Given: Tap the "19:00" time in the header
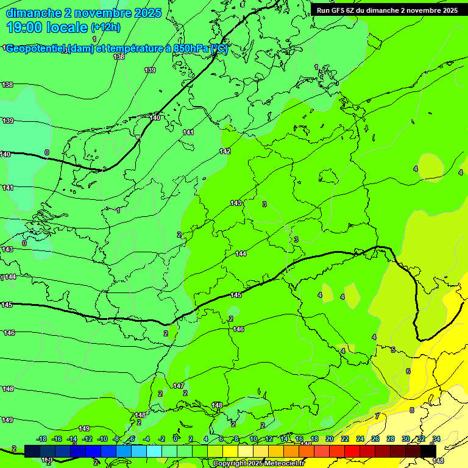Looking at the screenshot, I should tap(24, 27).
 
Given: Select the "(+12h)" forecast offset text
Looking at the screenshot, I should tap(105, 27).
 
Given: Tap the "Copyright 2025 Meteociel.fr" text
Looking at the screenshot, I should tap(258, 464).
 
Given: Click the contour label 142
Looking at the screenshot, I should tap(225, 151).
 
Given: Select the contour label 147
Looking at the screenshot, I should tap(179, 386).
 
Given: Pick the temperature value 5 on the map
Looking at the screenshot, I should tap(393, 350).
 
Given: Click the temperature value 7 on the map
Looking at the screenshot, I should tap(377, 416).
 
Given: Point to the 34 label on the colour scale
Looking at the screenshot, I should tap(436, 439).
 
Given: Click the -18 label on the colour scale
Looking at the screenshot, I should tap(41, 439).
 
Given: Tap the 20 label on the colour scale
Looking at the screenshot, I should tap(329, 439).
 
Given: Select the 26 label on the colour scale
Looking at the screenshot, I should tap(375, 439).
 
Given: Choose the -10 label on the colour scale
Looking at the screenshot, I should tap(102, 439).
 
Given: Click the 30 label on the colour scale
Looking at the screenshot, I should tap(406, 439).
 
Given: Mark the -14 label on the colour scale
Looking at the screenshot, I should tap(72, 439).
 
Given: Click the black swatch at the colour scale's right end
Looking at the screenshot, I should tap(428, 450).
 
